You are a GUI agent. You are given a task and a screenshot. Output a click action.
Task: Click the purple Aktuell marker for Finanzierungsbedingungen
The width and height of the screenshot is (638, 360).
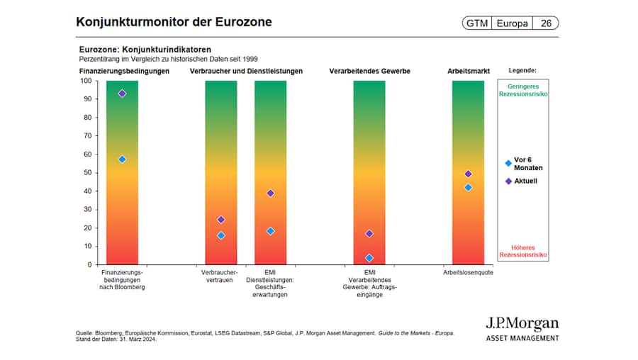pos(122,94)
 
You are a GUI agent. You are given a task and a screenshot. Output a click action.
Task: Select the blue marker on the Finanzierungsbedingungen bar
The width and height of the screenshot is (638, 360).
pos(122,159)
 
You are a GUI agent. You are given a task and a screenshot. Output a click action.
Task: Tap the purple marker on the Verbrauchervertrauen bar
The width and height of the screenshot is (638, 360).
pos(221,220)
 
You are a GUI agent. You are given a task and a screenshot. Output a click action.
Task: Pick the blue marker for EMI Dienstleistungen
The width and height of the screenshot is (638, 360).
pos(270,231)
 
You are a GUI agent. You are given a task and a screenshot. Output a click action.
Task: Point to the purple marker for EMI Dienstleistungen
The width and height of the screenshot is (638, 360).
pos(270,193)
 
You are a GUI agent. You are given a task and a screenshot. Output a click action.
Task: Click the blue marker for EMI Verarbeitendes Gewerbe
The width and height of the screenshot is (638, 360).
pos(369,258)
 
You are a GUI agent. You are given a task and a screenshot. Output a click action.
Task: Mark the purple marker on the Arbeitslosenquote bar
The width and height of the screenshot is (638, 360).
pos(468,174)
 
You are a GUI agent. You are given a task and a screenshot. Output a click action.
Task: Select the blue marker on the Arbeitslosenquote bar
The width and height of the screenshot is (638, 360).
pos(468,187)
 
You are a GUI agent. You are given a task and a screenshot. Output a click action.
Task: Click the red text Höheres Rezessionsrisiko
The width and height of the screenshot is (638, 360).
pos(523,251)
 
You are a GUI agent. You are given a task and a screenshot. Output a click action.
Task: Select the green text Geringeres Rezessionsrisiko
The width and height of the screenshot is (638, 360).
pos(523,90)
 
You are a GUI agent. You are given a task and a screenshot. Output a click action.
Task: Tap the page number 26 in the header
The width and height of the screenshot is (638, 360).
pos(546,23)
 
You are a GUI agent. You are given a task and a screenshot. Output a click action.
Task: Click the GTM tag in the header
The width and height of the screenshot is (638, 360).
pos(476,23)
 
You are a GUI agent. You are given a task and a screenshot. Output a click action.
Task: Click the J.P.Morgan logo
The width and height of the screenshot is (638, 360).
pos(522,329)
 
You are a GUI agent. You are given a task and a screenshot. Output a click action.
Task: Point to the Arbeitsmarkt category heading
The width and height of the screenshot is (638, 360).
pos(468,72)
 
